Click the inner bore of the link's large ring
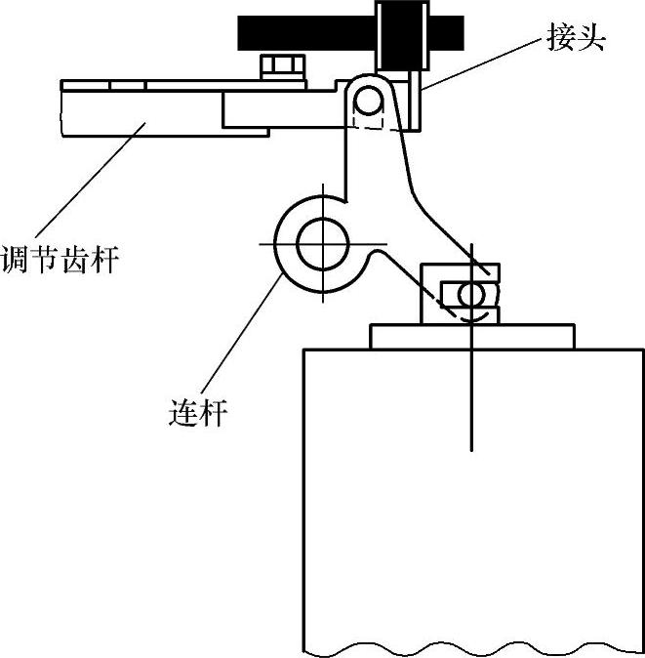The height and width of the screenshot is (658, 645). pos(319,243)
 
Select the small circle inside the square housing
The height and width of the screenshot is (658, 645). pos(470,294)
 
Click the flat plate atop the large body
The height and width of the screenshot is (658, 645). pos(472,336)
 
